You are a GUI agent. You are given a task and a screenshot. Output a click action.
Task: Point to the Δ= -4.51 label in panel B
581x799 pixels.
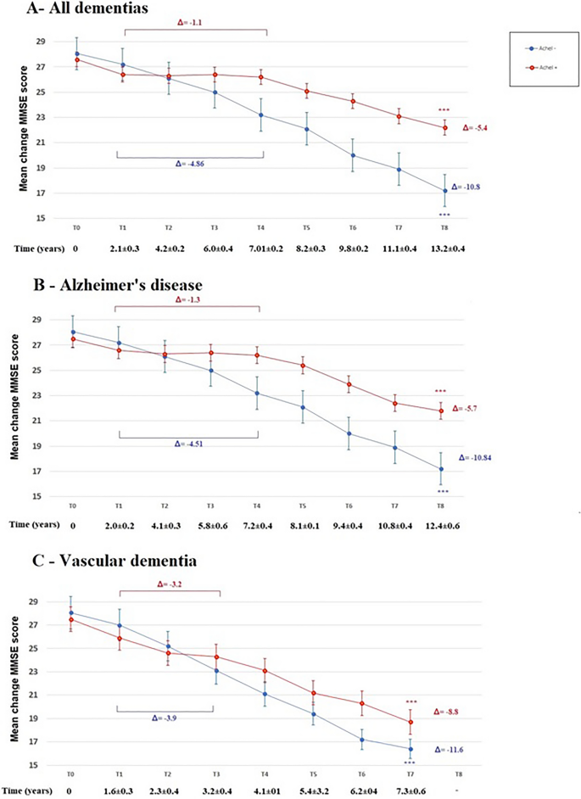pos(191,442)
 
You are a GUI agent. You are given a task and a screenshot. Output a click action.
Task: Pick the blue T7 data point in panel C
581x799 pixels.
pos(411,749)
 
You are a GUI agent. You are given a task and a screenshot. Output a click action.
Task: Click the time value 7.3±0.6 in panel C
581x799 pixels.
pos(408,791)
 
